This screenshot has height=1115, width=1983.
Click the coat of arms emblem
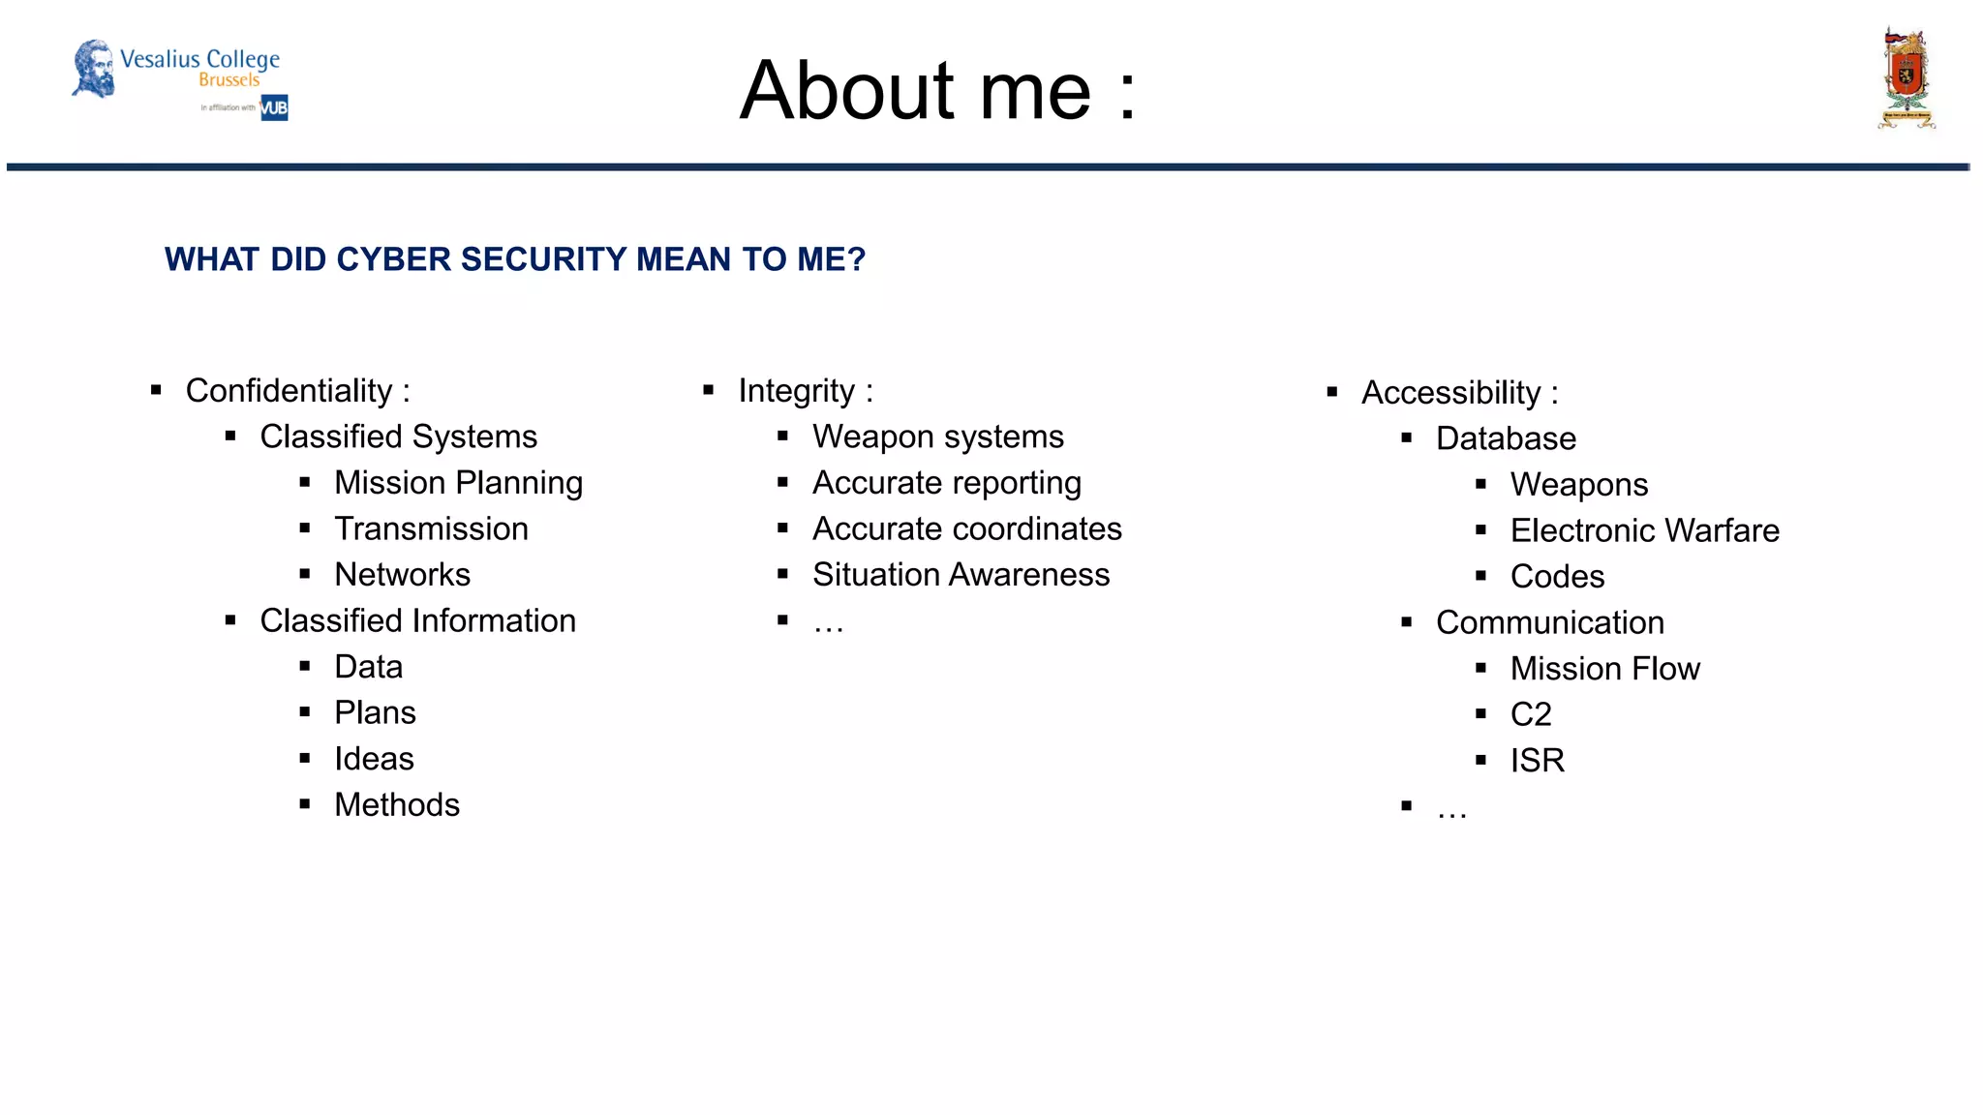[1906, 79]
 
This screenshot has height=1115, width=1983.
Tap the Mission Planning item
[458, 483]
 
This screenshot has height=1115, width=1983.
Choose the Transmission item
[431, 529]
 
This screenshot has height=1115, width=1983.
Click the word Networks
[402, 575]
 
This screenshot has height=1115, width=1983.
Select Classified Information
[417, 621]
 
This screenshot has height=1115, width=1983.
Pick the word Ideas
[374, 759]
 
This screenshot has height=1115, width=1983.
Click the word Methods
[397, 805]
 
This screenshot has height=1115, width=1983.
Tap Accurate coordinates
[966, 529]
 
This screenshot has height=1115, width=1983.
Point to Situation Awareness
[961, 575]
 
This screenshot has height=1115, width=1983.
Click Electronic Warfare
[1644, 531]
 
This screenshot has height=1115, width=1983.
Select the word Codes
[1557, 577]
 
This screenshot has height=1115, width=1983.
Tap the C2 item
[1531, 715]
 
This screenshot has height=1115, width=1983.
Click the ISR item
[1537, 761]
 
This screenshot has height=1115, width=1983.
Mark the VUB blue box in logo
[274, 107]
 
